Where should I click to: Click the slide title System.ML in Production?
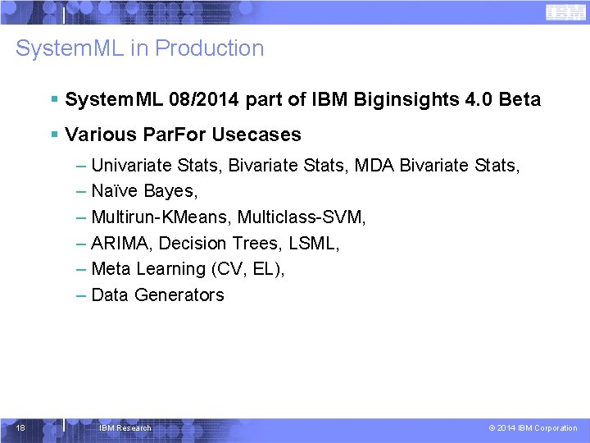tap(140, 48)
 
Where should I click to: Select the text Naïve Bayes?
tap(144, 191)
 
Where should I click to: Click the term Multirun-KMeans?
tap(161, 217)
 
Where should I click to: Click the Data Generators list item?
tap(157, 295)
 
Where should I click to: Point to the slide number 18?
tap(20, 427)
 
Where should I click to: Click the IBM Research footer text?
tap(125, 428)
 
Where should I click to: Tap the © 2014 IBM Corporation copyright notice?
tap(533, 428)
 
